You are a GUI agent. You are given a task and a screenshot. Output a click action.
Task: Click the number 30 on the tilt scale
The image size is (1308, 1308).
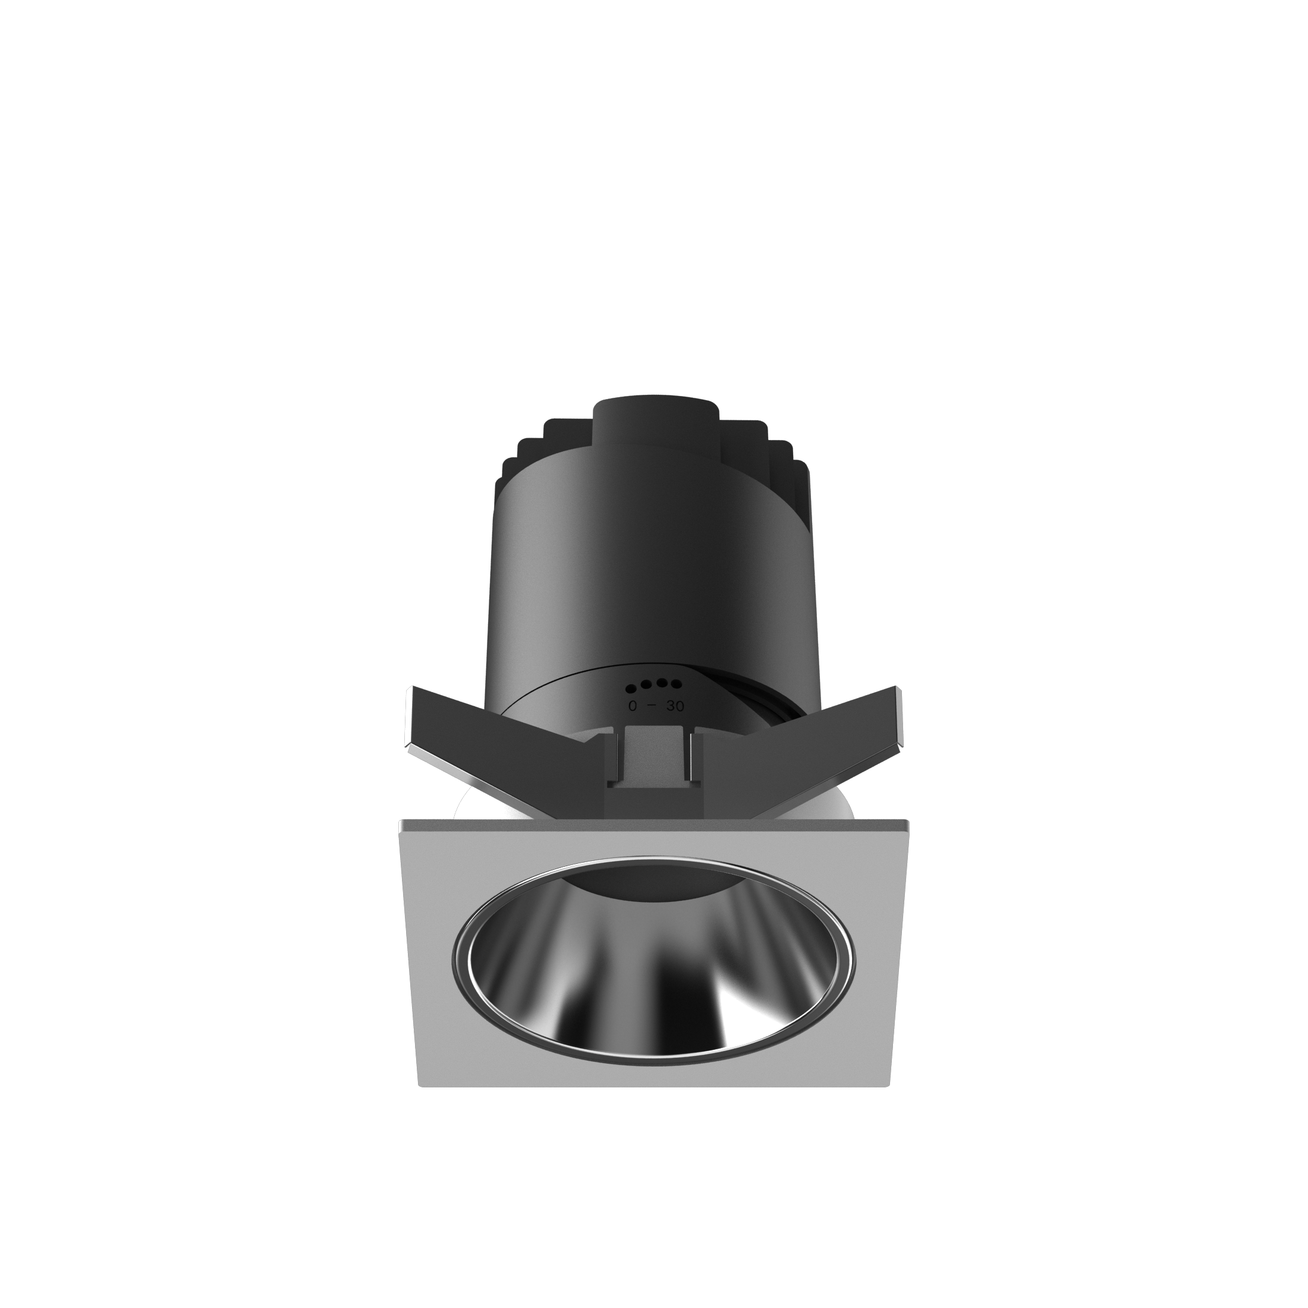point(675,706)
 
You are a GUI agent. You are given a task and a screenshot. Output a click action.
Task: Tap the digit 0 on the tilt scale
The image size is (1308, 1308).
point(633,706)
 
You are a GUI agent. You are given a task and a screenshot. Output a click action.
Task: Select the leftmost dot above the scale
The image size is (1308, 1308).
point(631,689)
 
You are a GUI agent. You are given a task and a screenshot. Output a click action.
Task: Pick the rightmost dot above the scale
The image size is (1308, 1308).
point(675,683)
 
